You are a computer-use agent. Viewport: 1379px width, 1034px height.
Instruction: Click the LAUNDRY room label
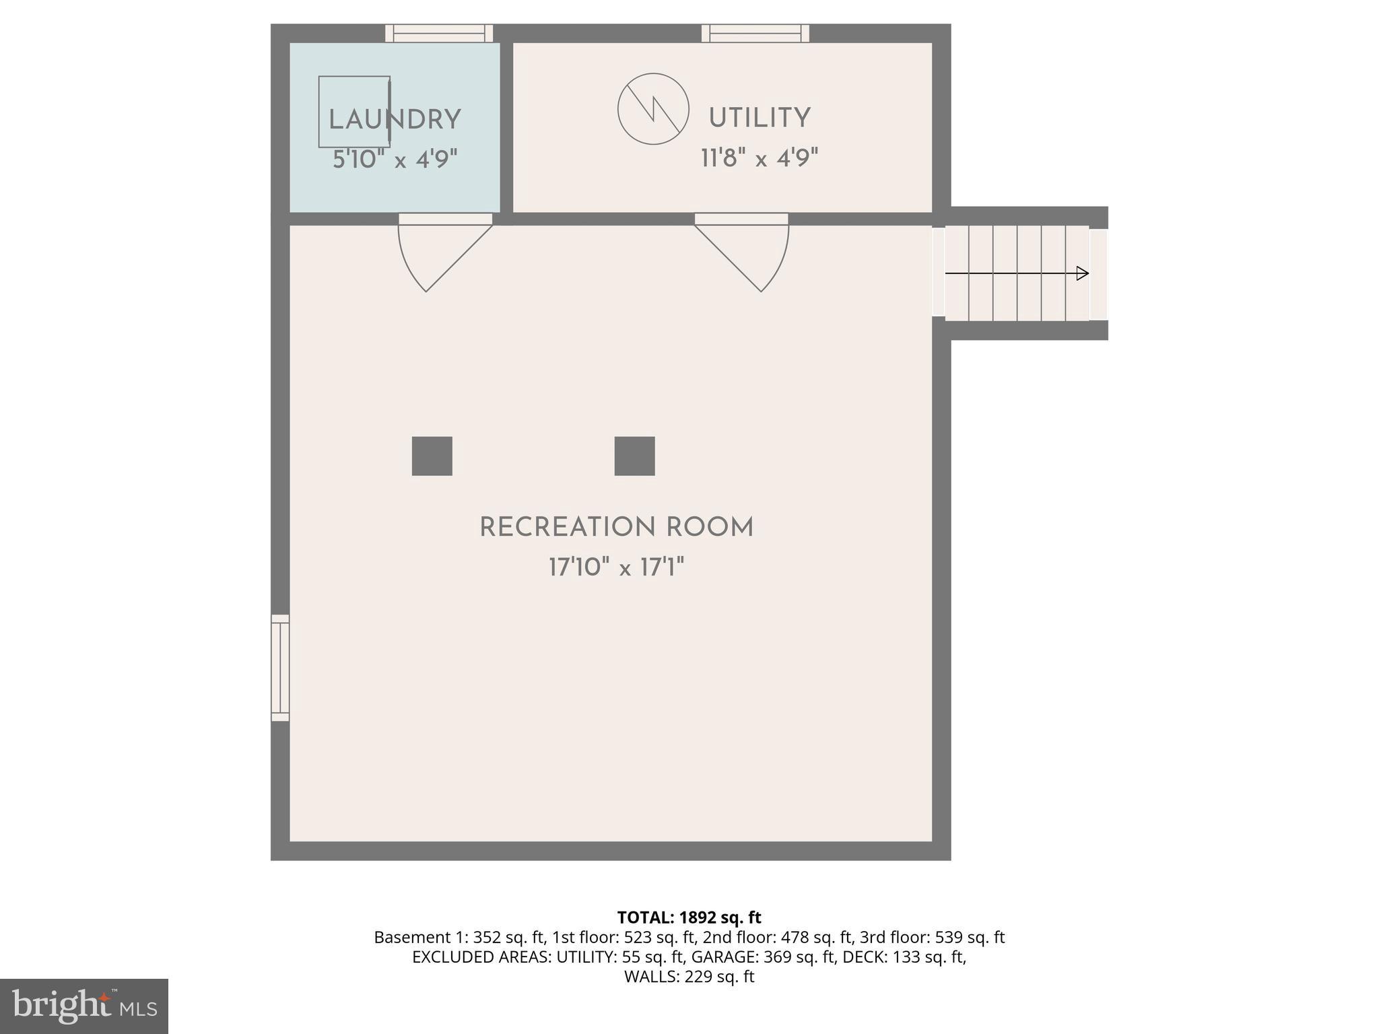pos(395,120)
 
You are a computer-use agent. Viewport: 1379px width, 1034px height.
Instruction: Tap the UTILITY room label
pos(759,118)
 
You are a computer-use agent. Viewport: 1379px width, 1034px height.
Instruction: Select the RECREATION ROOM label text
pos(616,528)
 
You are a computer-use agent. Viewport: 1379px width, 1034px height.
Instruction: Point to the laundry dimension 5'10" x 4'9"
pos(395,160)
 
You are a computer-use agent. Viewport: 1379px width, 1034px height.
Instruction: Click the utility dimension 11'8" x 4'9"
pos(759,159)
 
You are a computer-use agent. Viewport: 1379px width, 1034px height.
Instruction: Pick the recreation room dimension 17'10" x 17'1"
pos(616,567)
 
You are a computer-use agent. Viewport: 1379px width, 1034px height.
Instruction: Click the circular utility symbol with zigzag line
pos(653,108)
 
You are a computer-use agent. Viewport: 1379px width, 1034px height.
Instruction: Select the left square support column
pos(432,456)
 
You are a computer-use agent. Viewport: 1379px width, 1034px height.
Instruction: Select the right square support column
pos(634,456)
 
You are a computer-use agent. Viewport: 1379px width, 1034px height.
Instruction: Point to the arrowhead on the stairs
pos(1082,273)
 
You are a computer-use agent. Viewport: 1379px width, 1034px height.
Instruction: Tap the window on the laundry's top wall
pos(439,33)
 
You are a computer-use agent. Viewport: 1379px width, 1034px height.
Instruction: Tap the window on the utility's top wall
pos(755,33)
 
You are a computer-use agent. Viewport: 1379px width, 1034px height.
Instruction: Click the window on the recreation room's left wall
pos(280,667)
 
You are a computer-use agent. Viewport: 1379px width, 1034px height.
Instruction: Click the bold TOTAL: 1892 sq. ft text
pos(689,918)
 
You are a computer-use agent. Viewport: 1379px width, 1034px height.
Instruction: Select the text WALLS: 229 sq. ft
pos(689,977)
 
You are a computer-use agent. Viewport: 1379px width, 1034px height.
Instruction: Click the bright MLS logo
pos(84,1006)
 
